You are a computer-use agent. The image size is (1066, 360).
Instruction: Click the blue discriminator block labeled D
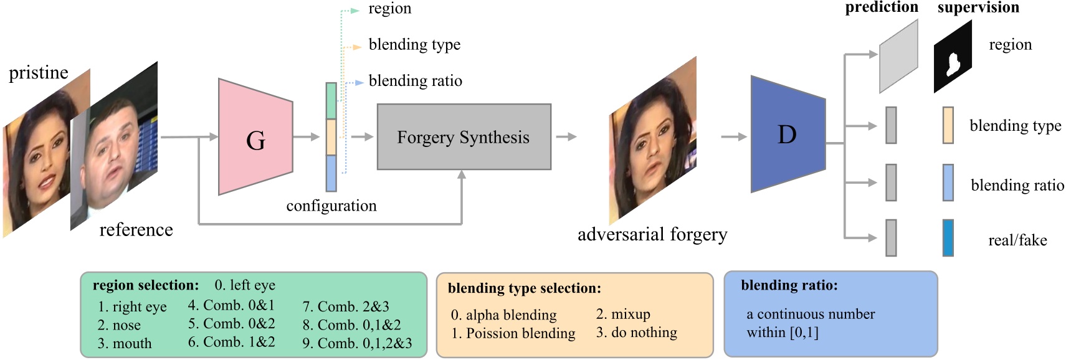coord(787,135)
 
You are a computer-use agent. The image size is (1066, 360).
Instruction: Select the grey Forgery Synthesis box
coord(464,137)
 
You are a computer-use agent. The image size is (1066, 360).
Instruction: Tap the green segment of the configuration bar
coord(331,100)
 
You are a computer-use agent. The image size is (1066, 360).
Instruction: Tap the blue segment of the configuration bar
coord(331,173)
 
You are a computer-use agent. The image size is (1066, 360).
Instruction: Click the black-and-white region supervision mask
coord(953,57)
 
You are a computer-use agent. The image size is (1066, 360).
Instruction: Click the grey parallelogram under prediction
coord(898,57)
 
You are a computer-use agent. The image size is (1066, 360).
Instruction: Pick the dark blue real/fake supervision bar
coord(948,237)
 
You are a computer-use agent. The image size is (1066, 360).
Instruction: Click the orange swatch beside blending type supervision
coord(948,125)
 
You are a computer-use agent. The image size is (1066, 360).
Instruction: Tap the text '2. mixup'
coord(622,314)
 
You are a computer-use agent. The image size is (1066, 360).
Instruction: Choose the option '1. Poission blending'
coord(513,333)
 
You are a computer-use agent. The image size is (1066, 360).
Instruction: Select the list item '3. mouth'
coord(125,343)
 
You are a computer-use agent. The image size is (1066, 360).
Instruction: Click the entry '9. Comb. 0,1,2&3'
coord(357,343)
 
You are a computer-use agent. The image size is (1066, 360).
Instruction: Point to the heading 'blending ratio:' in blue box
coord(789,285)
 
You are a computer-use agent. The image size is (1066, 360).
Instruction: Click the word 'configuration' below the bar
coord(331,206)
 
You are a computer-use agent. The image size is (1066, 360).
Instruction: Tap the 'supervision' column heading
coord(978,7)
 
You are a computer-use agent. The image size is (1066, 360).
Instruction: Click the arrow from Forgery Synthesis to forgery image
coord(566,136)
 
